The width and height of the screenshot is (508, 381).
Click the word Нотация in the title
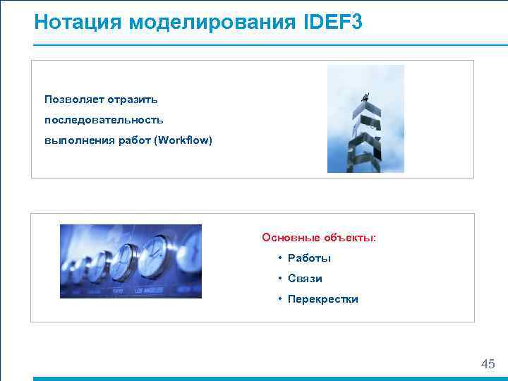pyautogui.click(x=78, y=23)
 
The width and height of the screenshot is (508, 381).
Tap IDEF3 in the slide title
pyautogui.click(x=334, y=23)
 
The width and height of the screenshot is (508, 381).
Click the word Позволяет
pyautogui.click(x=71, y=98)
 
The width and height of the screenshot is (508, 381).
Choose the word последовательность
pyautogui.click(x=104, y=119)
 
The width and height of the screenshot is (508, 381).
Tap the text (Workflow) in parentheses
pyautogui.click(x=184, y=140)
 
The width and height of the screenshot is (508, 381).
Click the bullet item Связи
pyautogui.click(x=305, y=279)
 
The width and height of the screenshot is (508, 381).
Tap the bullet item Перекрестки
pyautogui.click(x=322, y=299)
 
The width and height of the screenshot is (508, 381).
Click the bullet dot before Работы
pyautogui.click(x=280, y=258)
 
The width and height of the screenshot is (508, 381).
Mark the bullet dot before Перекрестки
pyautogui.click(x=280, y=299)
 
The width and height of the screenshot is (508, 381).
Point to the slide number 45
pyautogui.click(x=488, y=364)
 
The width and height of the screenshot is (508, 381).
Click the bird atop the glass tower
pyautogui.click(x=364, y=96)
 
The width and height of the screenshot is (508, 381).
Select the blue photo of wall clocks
pyautogui.click(x=131, y=261)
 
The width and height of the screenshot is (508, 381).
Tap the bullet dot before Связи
pyautogui.click(x=280, y=279)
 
